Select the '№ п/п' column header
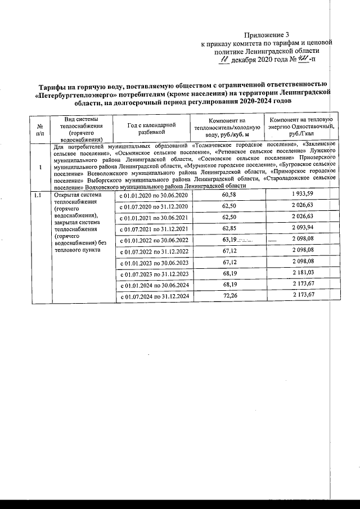(38, 129)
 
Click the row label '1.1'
(37, 196)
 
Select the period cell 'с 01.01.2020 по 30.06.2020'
(154, 195)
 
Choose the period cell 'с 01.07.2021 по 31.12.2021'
(154, 230)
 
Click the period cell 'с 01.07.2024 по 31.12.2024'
(154, 298)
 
